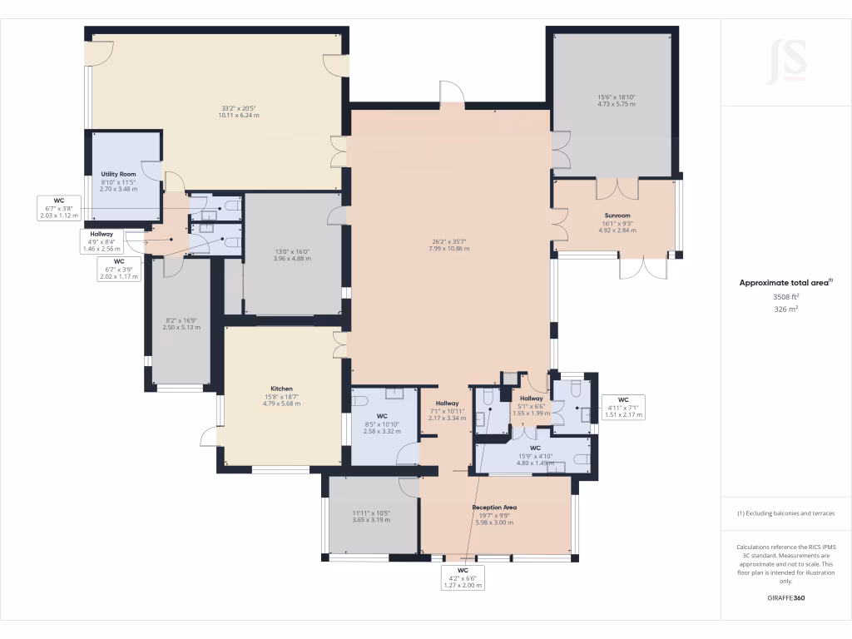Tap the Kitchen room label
pyautogui.click(x=281, y=389)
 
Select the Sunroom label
pyautogui.click(x=617, y=215)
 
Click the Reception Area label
pyautogui.click(x=495, y=507)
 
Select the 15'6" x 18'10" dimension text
pyautogui.click(x=617, y=97)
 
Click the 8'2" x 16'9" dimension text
pyautogui.click(x=180, y=320)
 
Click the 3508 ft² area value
pyautogui.click(x=786, y=297)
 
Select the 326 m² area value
pyautogui.click(x=786, y=309)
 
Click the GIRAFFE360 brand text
pyautogui.click(x=786, y=598)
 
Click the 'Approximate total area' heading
pyautogui.click(x=785, y=283)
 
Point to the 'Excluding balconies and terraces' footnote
pyautogui.click(x=786, y=513)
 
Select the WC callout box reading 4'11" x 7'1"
pyautogui.click(x=623, y=407)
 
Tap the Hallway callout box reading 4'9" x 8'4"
pyautogui.click(x=102, y=241)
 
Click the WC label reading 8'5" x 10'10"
pyautogui.click(x=383, y=420)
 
